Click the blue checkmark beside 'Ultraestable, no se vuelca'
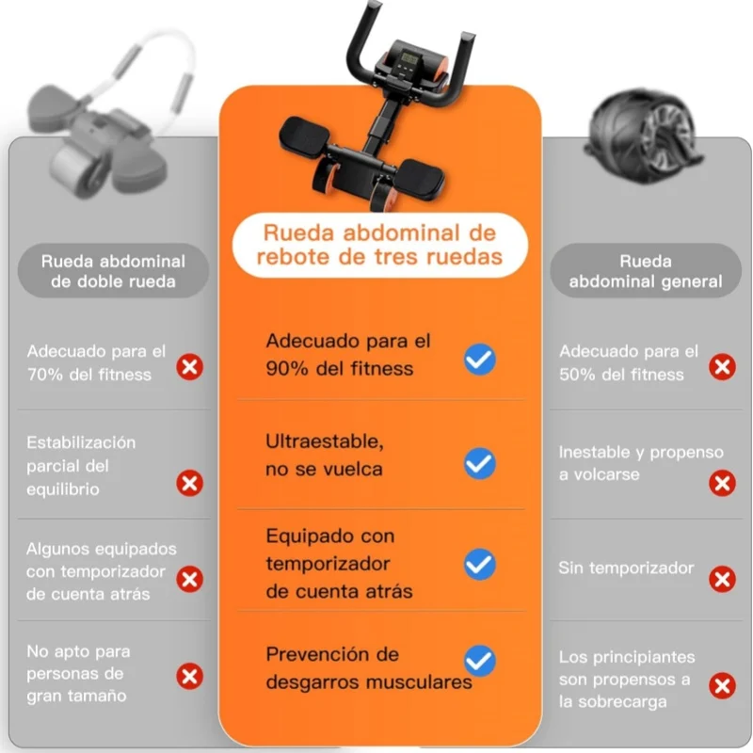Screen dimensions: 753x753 point(480,463)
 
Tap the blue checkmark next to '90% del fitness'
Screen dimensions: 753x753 point(480,360)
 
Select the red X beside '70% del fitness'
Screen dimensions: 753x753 point(190,367)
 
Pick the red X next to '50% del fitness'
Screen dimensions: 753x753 point(722,367)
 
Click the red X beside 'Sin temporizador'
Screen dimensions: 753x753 point(722,579)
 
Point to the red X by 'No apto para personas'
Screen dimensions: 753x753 point(190,676)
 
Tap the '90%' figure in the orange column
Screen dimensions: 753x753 point(287,369)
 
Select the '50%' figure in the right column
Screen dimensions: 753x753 point(577,375)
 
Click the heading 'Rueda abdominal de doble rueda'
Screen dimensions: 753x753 point(113,271)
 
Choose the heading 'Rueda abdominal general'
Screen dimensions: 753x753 point(646,271)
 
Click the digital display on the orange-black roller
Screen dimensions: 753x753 point(409,59)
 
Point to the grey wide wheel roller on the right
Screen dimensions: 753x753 point(644,135)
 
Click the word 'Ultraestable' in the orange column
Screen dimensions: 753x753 point(325,441)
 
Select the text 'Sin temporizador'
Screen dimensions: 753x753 point(626,569)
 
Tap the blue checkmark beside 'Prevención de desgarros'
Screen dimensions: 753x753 point(480,661)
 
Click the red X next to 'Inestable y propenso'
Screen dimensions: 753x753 point(722,483)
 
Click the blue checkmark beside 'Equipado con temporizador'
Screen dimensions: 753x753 point(480,564)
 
